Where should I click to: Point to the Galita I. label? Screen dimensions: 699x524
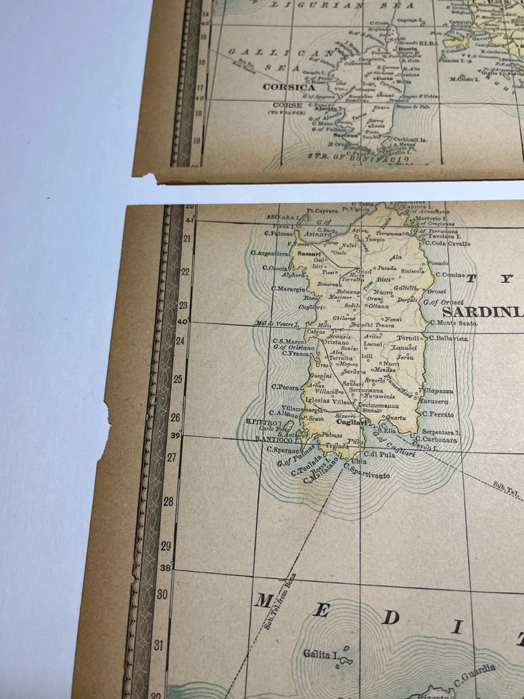[319, 654]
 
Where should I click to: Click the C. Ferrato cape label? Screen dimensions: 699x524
[437, 414]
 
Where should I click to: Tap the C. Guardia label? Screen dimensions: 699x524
[477, 673]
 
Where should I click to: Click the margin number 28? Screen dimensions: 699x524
[167, 501]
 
